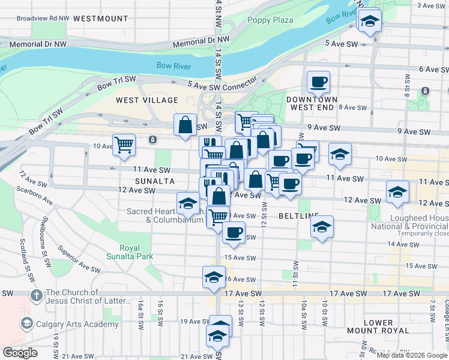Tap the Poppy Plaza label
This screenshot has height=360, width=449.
tap(270, 20)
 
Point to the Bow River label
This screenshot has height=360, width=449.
tap(174, 66)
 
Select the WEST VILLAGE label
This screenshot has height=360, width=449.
tap(147, 100)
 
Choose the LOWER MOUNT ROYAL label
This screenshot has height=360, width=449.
tap(378, 326)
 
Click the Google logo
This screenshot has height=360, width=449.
tap(19, 353)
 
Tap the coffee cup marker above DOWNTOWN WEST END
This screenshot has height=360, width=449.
tap(318, 81)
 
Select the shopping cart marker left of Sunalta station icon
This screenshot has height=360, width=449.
tap(124, 145)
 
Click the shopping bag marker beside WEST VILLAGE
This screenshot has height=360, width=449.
tap(185, 125)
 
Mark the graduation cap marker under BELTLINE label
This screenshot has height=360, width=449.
tap(322, 227)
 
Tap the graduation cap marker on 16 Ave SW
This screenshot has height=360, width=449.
tap(214, 277)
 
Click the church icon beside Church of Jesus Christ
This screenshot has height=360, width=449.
tap(37, 295)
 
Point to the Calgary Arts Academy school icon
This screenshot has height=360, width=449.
tap(26, 324)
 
